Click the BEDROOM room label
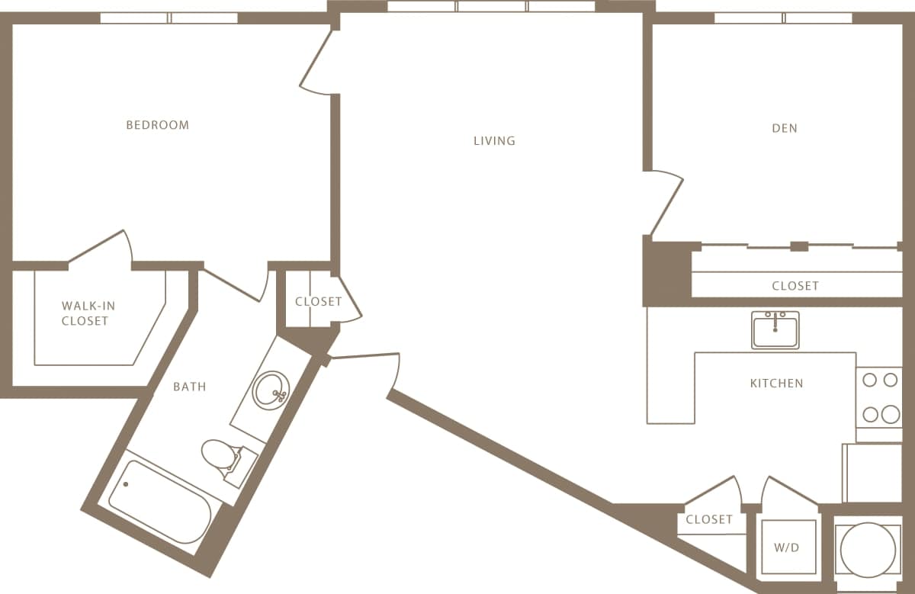tap(157, 125)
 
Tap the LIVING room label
tap(494, 140)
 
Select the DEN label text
tap(785, 128)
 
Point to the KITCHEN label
tap(776, 383)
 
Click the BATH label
tap(189, 387)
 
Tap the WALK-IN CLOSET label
tap(85, 313)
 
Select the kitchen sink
tap(775, 330)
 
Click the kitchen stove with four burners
tap(879, 397)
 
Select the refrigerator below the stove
tap(872, 473)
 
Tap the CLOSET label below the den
tap(795, 286)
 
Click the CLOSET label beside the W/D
tap(709, 519)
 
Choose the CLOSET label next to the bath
tap(318, 301)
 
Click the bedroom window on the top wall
tap(169, 18)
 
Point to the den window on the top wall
tap(783, 18)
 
